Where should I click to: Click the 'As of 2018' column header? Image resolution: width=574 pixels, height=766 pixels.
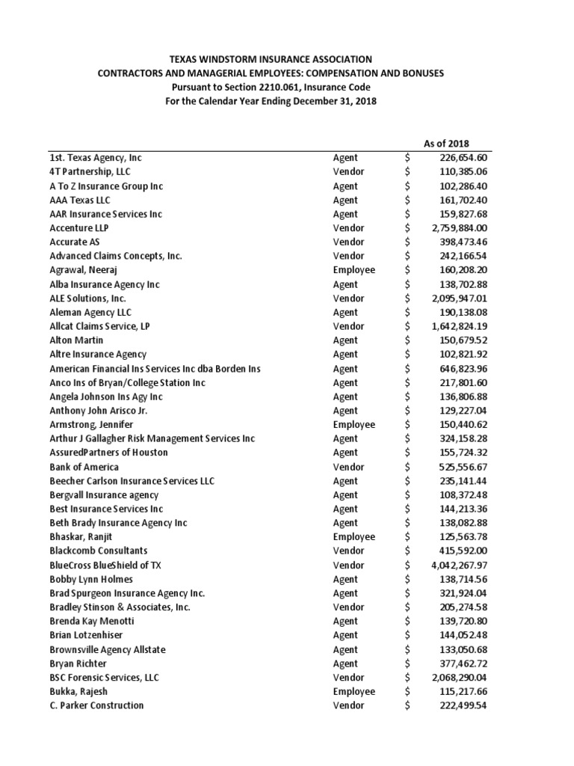click(x=446, y=144)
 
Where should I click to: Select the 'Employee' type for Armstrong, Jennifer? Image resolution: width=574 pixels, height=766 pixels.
click(x=354, y=425)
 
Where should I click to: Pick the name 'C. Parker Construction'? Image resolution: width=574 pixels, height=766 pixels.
click(x=96, y=705)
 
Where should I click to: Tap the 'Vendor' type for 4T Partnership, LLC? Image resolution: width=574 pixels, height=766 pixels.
click(x=348, y=172)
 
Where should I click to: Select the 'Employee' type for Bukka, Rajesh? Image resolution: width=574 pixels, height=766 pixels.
click(x=354, y=692)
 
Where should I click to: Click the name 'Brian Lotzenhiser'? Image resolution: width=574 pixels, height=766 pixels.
click(x=87, y=635)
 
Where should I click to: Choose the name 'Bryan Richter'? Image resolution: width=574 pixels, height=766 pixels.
click(x=78, y=664)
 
